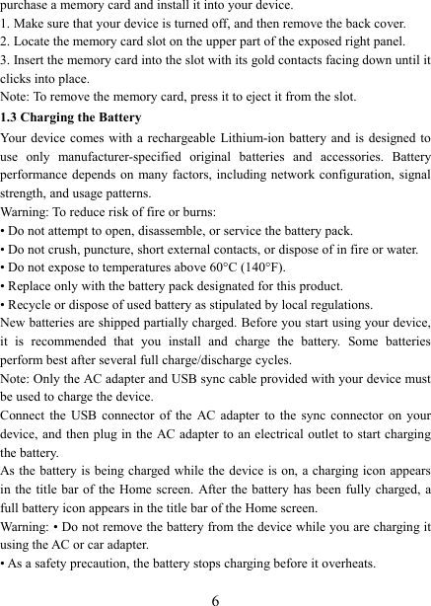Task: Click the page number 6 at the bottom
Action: (214, 595)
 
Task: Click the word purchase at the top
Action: (25, 7)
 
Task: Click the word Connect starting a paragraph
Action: (23, 415)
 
